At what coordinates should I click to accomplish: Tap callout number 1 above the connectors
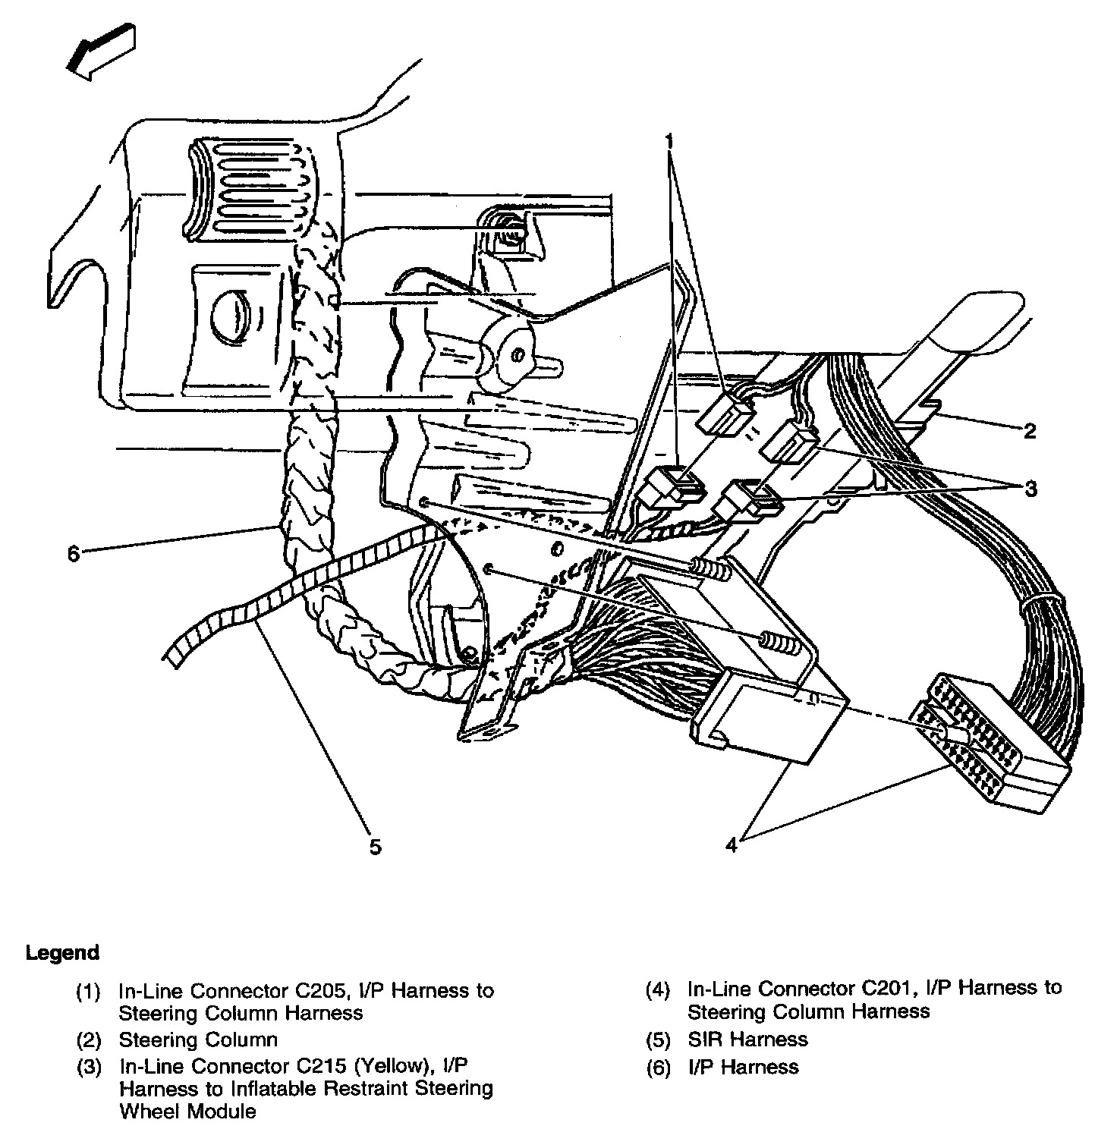click(669, 142)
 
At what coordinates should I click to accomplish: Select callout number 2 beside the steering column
click(1029, 432)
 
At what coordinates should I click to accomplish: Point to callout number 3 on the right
click(1030, 489)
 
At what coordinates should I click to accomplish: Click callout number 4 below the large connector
click(731, 844)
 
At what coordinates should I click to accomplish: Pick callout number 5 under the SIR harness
click(376, 846)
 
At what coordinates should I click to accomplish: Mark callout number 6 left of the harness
click(73, 555)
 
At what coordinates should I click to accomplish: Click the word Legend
click(63, 953)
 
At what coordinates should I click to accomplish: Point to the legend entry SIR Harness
click(747, 1040)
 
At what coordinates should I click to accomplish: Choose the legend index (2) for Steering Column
click(88, 1040)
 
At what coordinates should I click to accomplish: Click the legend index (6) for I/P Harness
click(659, 1068)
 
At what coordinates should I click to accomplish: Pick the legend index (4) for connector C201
click(659, 989)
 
